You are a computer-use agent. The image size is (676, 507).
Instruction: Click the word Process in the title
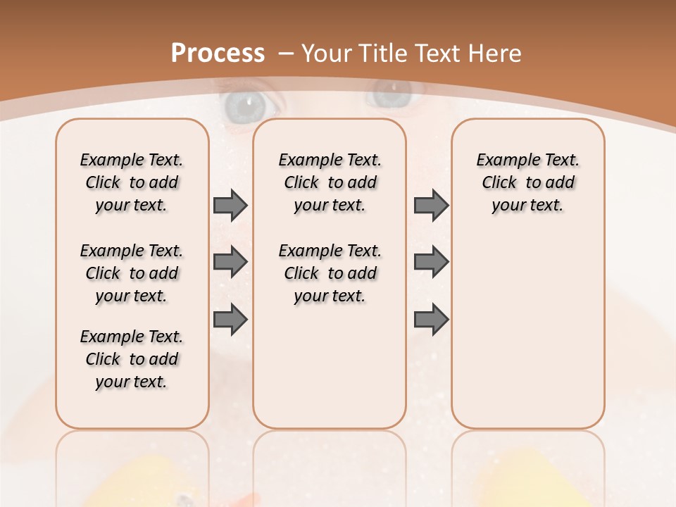coord(218,54)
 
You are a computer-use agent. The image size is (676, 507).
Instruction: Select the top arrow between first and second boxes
coord(230,205)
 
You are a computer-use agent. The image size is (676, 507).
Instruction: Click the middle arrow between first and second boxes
coord(230,262)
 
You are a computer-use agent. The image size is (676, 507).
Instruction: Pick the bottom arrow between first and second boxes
coord(230,320)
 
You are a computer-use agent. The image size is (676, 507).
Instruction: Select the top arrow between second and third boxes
coord(431,205)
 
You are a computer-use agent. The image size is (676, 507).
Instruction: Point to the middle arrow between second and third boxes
coord(431,262)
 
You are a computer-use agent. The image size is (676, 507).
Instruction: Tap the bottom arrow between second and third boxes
coord(431,320)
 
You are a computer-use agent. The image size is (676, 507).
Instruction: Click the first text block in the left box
coord(132,182)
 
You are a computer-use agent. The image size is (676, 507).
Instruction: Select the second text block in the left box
coord(132,273)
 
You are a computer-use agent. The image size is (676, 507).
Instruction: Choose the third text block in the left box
coord(132,359)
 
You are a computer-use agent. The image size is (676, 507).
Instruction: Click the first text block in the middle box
coord(330,182)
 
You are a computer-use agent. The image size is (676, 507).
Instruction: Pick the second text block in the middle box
coord(330,273)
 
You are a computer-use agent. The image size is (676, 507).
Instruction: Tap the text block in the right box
coord(527,182)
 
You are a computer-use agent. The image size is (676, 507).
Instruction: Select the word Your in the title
coord(328,54)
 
